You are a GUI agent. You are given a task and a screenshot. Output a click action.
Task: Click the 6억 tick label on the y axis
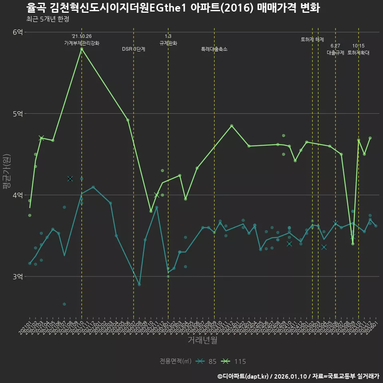[18, 32]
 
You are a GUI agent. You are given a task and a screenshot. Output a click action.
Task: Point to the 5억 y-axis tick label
[18, 114]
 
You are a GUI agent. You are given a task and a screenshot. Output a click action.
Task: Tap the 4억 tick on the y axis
[18, 195]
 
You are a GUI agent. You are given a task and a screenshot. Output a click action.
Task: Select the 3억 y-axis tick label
[18, 276]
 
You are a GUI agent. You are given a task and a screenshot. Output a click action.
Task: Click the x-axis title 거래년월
[202, 340]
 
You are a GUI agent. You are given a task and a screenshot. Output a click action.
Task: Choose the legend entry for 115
[240, 361]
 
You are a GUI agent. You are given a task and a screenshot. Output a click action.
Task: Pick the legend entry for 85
[212, 361]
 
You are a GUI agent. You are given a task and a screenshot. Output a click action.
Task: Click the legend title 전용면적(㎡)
[176, 361]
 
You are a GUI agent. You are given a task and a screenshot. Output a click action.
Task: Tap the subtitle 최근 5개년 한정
[48, 19]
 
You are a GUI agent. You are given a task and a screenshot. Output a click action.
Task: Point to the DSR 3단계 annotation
[134, 49]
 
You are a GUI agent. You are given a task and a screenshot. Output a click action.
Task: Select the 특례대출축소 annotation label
[214, 49]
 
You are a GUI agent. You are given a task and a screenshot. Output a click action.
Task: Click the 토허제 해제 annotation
[312, 39]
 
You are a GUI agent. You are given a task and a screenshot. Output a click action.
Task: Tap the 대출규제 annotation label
[336, 52]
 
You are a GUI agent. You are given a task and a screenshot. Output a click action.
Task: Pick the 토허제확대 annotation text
[358, 52]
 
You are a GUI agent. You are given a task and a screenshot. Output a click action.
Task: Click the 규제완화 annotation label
[168, 43]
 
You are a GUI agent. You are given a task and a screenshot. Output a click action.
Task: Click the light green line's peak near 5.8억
[82, 49]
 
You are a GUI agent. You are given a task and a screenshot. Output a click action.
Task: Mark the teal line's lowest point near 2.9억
[139, 284]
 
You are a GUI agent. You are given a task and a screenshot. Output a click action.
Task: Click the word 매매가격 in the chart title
[274, 8]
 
